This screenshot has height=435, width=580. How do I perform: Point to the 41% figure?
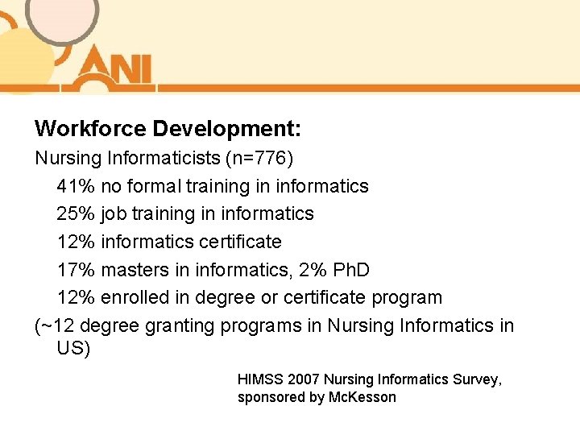(x=76, y=186)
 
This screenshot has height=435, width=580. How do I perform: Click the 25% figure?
(x=76, y=213)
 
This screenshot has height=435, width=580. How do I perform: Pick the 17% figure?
(x=76, y=269)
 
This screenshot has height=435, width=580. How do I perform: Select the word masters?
(x=135, y=269)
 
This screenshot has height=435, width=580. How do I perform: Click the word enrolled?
(x=134, y=297)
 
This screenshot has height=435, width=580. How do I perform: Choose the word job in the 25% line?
(x=114, y=213)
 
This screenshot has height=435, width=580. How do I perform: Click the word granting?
(x=184, y=325)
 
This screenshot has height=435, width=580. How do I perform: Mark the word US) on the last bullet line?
(x=74, y=349)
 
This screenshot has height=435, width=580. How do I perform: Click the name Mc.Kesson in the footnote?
(x=362, y=398)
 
